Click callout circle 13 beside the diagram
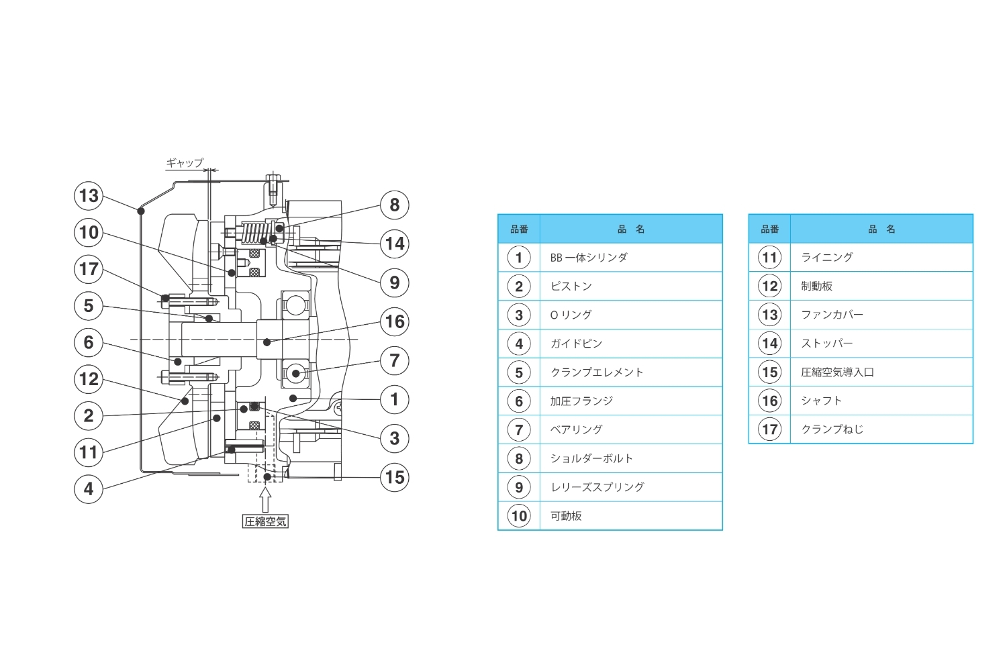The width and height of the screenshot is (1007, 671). pos(89,196)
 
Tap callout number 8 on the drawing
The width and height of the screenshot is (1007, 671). pos(394,205)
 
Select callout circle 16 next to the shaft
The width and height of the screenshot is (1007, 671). pos(395,321)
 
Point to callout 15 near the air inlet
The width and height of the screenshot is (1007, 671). pos(395,478)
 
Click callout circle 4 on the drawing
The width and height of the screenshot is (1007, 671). pos(89,488)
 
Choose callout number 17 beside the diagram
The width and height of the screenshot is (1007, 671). pos(89,269)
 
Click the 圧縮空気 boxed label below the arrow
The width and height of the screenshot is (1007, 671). pos(265,521)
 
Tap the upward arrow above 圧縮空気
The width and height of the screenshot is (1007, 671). pos(265,500)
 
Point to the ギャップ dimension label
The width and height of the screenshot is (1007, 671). pos(185,162)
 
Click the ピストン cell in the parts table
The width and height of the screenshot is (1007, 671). pos(571,287)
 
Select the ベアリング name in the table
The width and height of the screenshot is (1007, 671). pos(576,429)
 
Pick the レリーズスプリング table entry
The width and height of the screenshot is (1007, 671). pos(597,487)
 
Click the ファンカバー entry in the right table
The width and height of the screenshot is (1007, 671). pos(832,315)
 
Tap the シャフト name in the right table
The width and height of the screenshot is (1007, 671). pos(821,401)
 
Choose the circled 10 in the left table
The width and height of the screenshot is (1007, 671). pos(519,516)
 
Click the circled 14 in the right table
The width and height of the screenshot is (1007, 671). pos(770,344)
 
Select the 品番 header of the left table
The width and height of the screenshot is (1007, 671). pos(519,229)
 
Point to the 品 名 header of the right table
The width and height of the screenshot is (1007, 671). pos(881,229)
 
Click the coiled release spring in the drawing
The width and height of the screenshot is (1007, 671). pos(256,233)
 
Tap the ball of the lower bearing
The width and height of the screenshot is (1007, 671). pos(295,372)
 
